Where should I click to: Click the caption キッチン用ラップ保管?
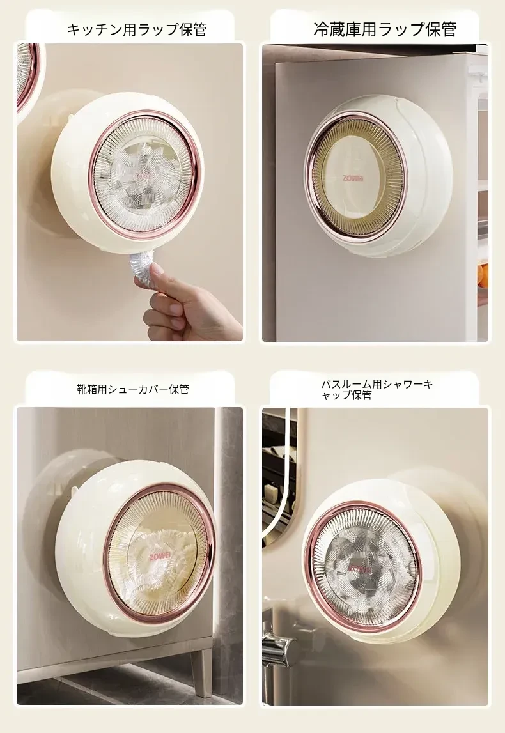(x=137, y=30)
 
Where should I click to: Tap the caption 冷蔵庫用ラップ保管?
(x=385, y=29)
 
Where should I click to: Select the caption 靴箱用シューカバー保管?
(x=133, y=389)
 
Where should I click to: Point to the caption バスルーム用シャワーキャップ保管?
(x=377, y=389)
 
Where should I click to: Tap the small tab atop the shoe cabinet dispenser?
(x=74, y=490)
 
